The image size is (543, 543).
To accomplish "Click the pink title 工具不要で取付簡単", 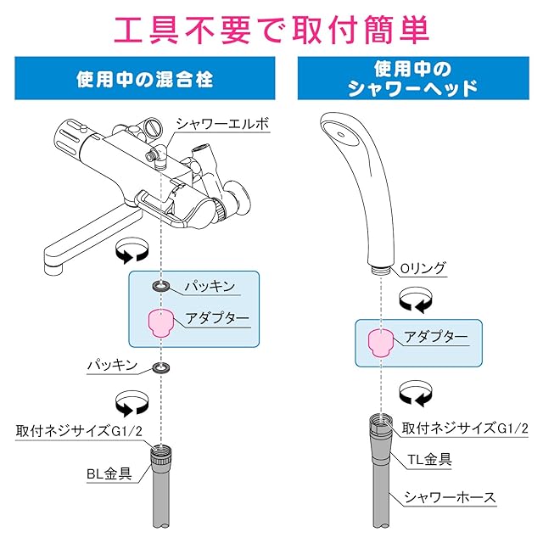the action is pos(271,31).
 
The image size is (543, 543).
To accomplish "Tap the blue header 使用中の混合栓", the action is pos(144,79).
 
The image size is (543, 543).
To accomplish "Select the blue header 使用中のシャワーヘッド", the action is pos(413,79).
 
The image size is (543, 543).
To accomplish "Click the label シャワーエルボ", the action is pos(222,124).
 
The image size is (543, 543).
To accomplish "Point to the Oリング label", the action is pos(423,268).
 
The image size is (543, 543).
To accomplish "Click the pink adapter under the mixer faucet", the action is pos(160,322).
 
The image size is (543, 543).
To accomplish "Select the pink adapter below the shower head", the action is pos(381,343).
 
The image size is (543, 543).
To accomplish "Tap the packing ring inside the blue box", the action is pos(161,286).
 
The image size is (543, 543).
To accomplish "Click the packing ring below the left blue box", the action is pos(161,367).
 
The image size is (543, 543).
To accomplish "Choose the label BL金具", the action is pos(109,473).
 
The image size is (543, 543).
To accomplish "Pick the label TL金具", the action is pos(429,460).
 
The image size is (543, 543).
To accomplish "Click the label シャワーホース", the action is pos(450,498).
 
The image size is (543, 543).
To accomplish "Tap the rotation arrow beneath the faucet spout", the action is pos(132,251).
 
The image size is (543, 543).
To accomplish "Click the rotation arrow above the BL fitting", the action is pos(132,404).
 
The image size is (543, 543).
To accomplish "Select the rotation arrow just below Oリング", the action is pos(416,299).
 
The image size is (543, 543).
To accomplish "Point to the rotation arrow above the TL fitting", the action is pos(416,394).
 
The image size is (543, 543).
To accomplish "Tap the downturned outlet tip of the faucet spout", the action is pos(54,267).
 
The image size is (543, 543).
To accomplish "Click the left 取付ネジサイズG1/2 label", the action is pos(79,432).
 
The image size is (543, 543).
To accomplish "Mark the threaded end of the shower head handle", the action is pos(381,270).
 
